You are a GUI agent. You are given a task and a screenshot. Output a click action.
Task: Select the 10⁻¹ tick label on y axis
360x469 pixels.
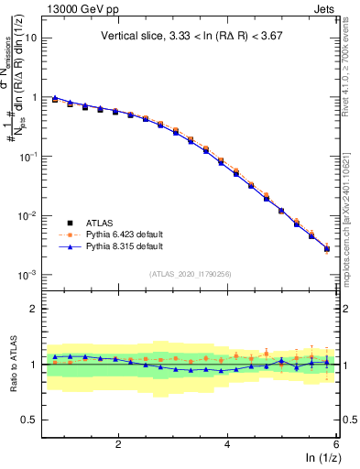[34, 157]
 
